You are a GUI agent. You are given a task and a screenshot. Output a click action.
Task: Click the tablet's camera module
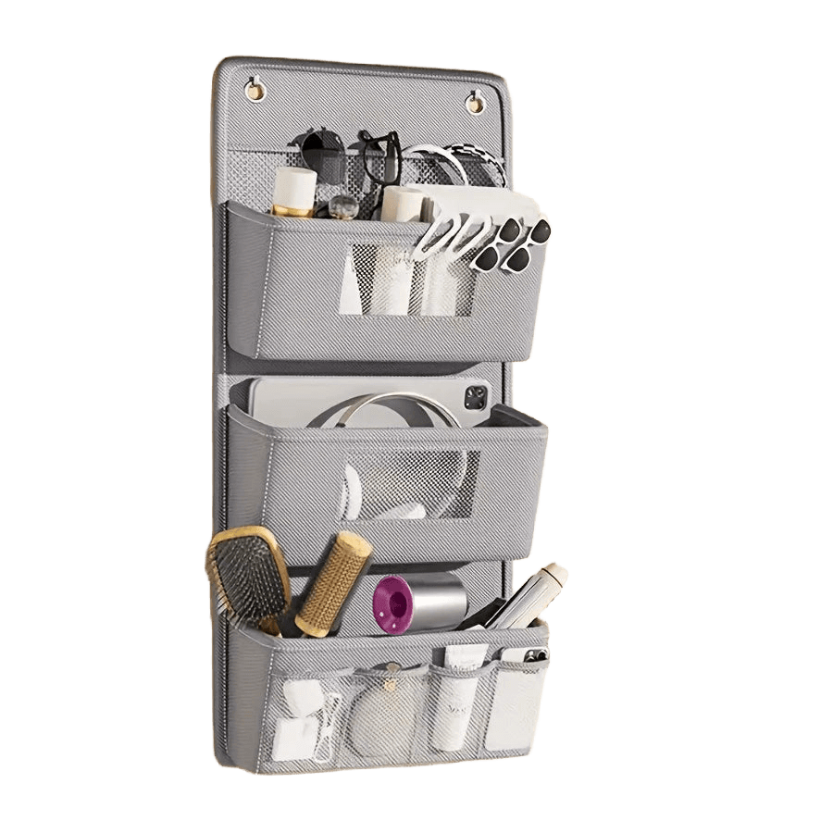[x=475, y=399]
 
